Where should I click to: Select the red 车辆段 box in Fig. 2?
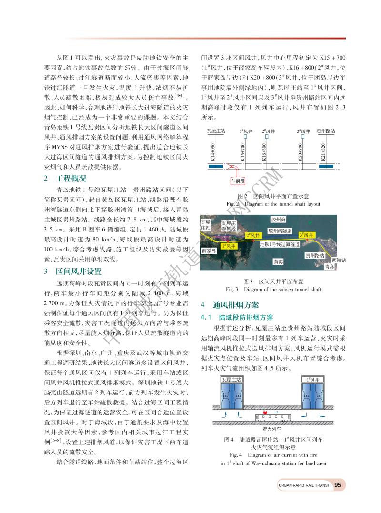[233, 181]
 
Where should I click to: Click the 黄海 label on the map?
[279, 261]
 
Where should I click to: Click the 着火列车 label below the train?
[264, 428]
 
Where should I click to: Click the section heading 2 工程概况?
[66, 179]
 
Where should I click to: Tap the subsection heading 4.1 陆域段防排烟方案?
[237, 317]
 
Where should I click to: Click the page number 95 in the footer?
[337, 485]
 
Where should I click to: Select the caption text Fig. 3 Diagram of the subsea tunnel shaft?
[273, 289]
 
